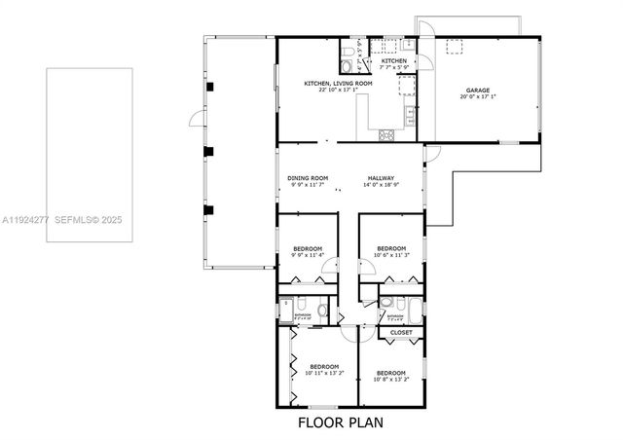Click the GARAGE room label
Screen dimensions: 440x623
[477, 92]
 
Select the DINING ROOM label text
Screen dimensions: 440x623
[308, 177]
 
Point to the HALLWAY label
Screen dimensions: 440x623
[381, 177]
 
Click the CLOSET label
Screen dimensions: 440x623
[401, 333]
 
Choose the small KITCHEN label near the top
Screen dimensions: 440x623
[394, 61]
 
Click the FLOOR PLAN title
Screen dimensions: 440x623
[341, 422]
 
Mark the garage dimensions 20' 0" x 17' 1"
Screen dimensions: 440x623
[477, 98]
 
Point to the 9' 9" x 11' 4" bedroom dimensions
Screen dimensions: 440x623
[308, 256]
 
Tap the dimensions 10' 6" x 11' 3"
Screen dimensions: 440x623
[391, 255]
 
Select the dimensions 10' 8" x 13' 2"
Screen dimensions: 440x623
[391, 379]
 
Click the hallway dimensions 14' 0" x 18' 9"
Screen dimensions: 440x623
[381, 184]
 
